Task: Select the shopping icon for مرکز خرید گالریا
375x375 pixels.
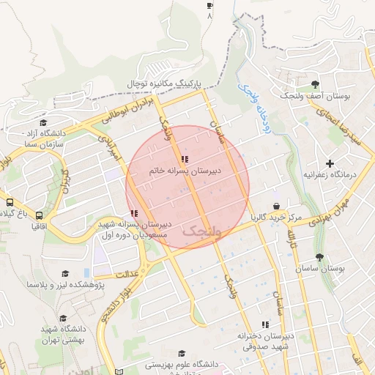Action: (275, 207)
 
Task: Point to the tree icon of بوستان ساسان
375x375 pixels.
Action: (319, 258)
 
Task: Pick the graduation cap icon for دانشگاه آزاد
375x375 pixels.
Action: (42, 123)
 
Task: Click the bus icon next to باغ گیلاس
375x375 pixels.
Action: (10, 202)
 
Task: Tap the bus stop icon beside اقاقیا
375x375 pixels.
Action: (39, 215)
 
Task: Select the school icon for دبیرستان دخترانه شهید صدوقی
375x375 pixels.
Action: (265, 324)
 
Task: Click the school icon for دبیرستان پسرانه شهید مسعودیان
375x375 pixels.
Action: (133, 213)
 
